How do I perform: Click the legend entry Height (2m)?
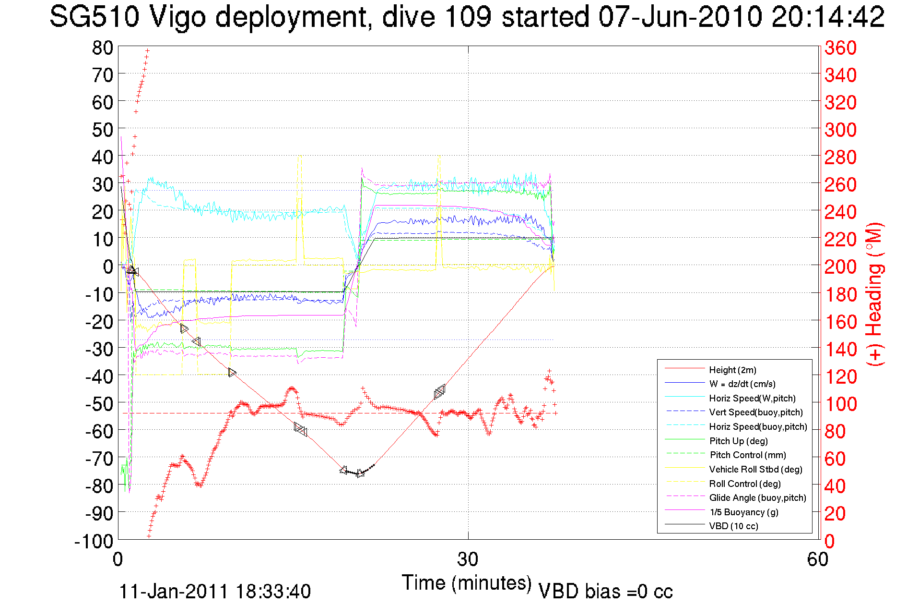[732, 370]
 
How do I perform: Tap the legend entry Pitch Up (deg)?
[738, 441]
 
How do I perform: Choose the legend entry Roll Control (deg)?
[744, 484]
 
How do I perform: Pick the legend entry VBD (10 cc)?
[733, 526]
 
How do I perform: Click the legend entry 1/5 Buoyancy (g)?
[744, 512]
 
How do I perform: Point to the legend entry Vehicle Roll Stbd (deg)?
[755, 469]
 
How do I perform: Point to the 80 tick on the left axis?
[103, 48]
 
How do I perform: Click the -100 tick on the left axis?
[94, 541]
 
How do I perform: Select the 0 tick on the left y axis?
[108, 267]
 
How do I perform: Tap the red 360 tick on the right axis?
[840, 48]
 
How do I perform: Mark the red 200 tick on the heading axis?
[840, 267]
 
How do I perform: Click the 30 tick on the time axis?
[468, 559]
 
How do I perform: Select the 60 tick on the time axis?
[818, 559]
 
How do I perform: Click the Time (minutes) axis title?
[466, 583]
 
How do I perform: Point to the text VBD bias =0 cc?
[605, 592]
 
